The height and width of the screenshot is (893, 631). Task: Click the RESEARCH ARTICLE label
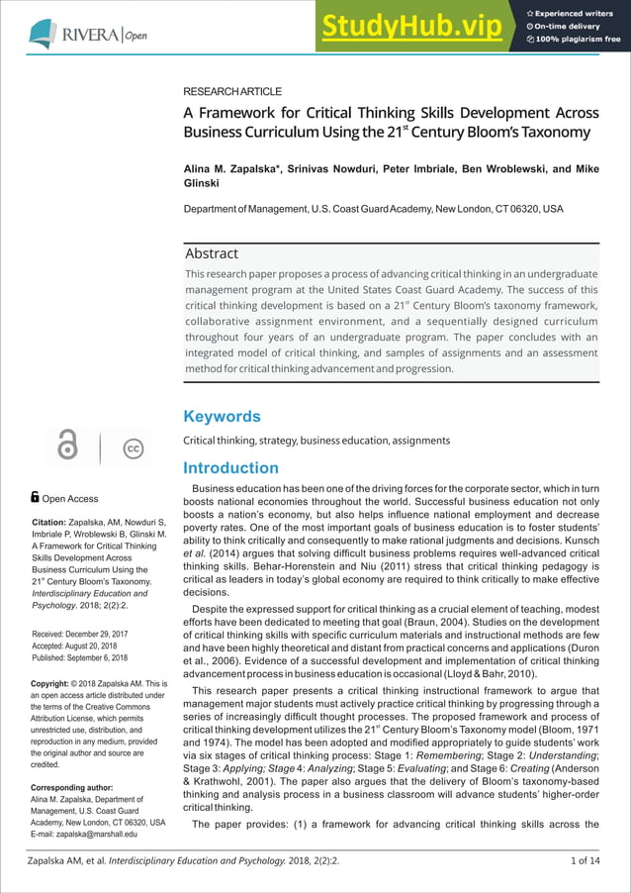232,91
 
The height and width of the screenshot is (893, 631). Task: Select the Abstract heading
212,253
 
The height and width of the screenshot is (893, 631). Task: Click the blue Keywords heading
222,416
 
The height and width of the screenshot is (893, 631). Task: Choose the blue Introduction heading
230,467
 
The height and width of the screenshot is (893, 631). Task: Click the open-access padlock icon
67,447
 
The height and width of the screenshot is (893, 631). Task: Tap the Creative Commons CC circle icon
133,448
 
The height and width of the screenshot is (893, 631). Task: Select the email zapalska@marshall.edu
96,835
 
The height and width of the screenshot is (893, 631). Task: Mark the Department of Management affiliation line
373,209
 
